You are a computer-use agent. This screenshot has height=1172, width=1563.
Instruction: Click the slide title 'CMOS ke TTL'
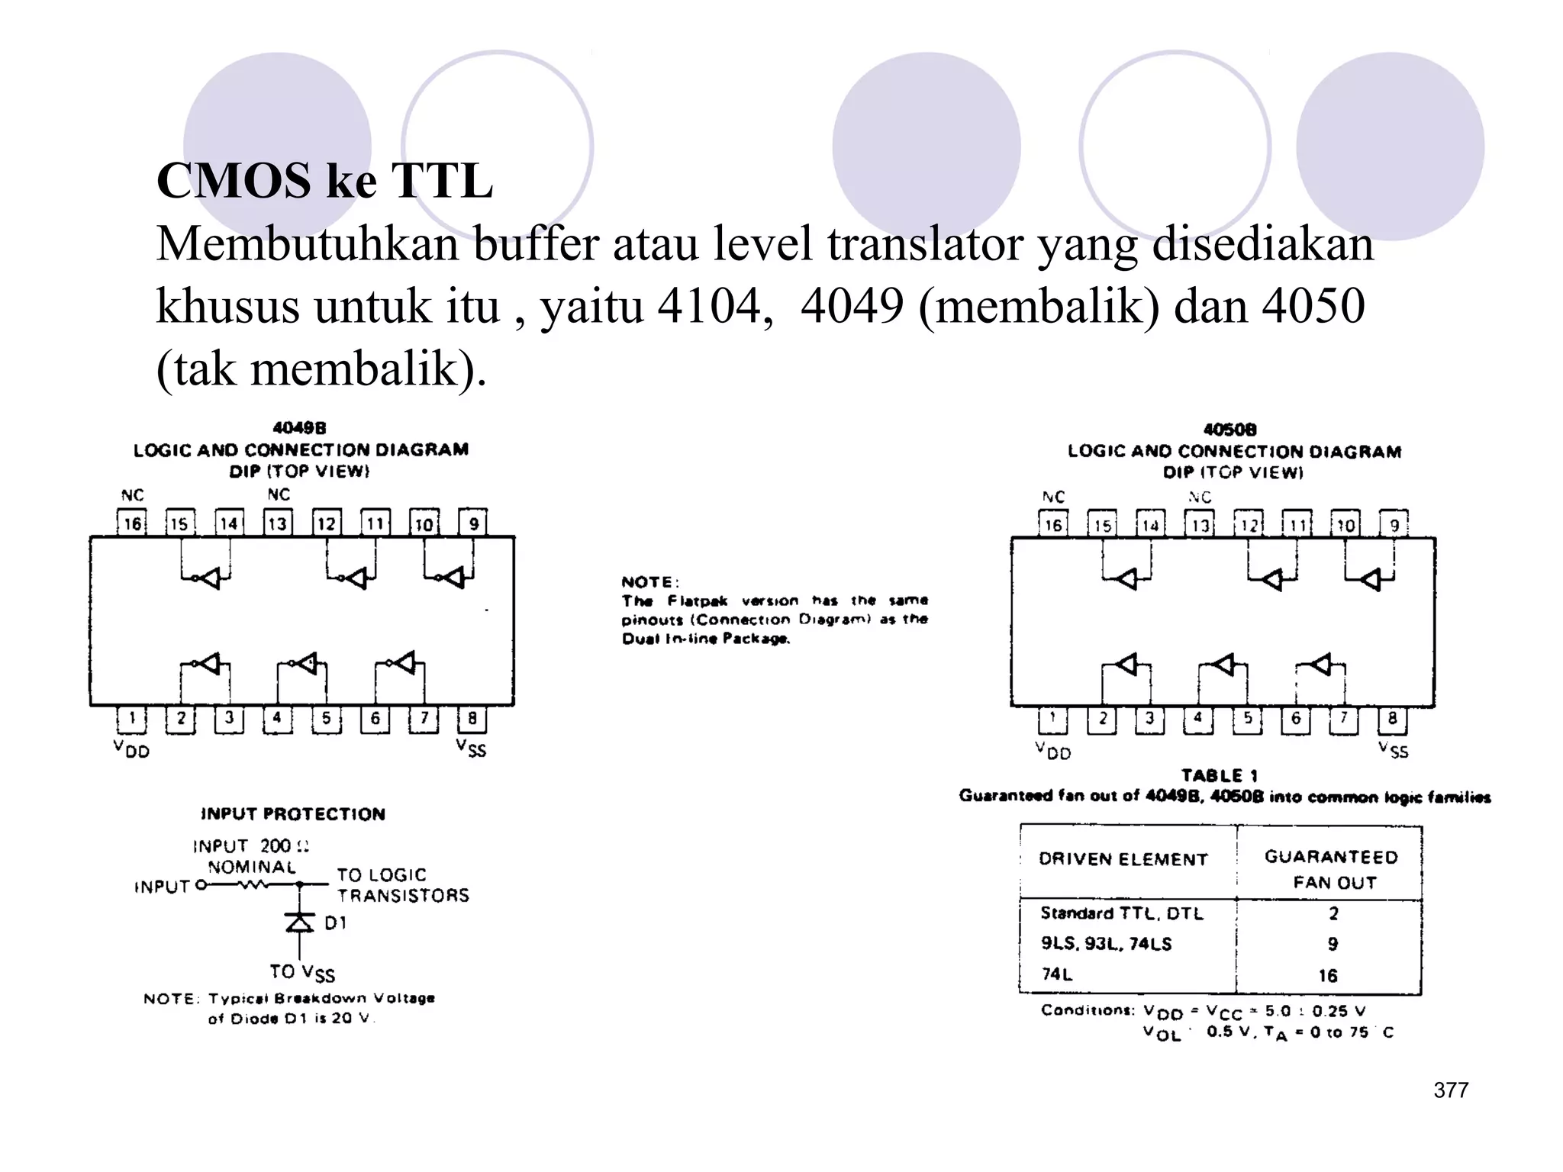tap(324, 181)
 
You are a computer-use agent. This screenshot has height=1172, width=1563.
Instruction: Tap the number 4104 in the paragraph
tap(709, 306)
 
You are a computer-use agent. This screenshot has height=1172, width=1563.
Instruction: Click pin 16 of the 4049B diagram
tap(132, 523)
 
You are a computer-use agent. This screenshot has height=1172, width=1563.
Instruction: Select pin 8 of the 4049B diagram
tap(472, 719)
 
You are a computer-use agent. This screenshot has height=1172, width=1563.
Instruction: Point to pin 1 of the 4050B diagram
tap(1052, 719)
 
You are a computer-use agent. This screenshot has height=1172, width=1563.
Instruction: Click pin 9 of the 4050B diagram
tap(1394, 525)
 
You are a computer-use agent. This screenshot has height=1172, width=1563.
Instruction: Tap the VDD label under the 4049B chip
tap(131, 749)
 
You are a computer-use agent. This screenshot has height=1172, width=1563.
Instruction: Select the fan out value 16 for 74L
tap(1328, 975)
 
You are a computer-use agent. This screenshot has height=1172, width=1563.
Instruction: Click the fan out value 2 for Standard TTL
tap(1333, 913)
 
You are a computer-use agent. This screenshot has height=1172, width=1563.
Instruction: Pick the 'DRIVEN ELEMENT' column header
tap(1123, 859)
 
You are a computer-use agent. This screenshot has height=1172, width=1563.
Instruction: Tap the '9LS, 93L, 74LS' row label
tap(1106, 944)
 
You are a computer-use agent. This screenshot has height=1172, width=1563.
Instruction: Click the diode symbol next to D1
tap(299, 923)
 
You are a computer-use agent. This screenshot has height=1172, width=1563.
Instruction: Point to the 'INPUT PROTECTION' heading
tap(293, 814)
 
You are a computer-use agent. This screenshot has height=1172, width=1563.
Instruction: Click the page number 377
tap(1451, 1090)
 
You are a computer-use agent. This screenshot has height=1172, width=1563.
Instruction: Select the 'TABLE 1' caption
tap(1220, 776)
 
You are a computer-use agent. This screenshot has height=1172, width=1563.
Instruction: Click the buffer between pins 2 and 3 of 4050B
tap(1126, 665)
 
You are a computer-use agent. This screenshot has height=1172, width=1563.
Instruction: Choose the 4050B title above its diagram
tap(1229, 430)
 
